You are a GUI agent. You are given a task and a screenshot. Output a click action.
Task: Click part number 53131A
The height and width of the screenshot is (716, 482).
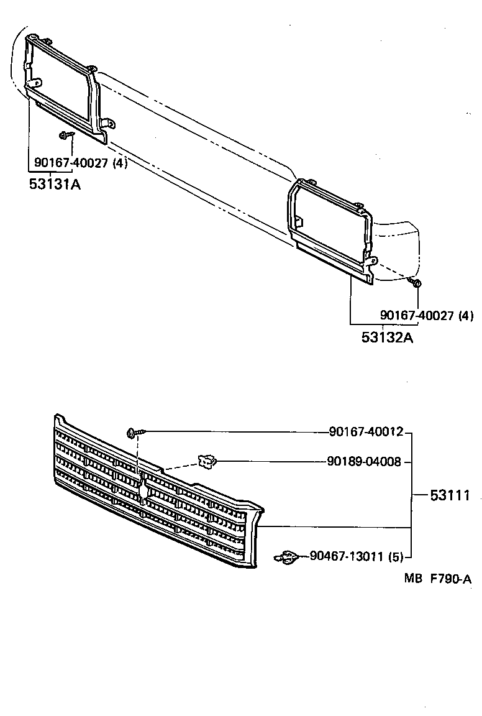(x=55, y=184)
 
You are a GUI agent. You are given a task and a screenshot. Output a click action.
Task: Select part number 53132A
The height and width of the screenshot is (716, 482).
(x=388, y=337)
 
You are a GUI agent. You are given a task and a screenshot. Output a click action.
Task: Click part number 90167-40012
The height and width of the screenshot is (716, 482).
(x=366, y=431)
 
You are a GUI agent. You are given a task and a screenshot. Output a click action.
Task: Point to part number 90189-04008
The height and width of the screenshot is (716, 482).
(x=365, y=462)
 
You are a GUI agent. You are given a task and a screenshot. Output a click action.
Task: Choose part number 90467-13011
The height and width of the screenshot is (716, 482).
(x=347, y=556)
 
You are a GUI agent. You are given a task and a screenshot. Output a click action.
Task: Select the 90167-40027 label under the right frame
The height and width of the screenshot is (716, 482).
(x=417, y=316)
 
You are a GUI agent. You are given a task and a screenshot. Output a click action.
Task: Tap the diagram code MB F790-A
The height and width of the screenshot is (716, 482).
(x=438, y=579)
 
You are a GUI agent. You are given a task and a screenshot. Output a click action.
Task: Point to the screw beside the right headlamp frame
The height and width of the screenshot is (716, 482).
(x=416, y=283)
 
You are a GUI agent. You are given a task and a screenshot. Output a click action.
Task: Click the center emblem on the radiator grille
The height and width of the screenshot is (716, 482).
(x=143, y=490)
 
